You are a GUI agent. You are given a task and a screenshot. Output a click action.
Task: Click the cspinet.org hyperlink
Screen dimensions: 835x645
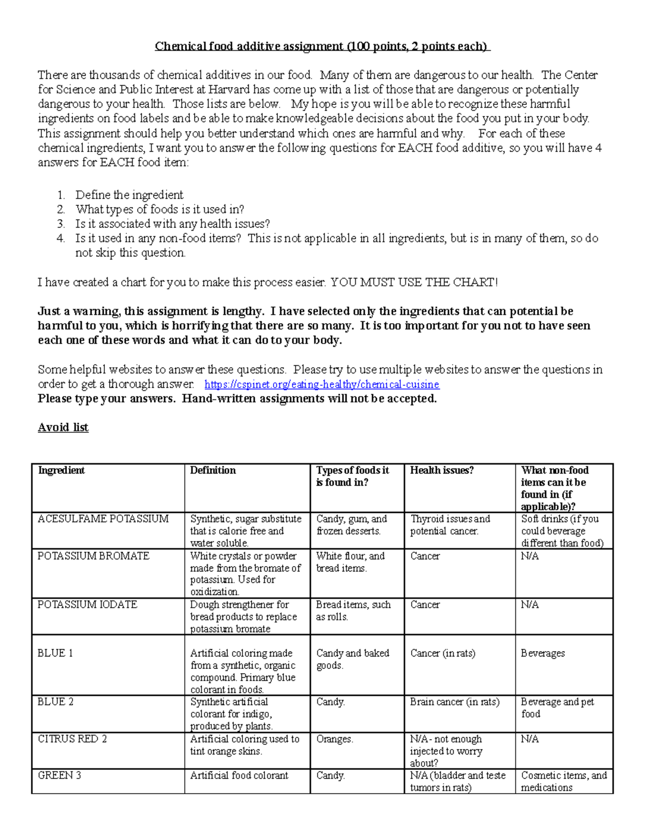[x=322, y=384]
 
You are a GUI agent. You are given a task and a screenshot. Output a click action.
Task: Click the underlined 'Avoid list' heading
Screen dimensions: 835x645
[x=63, y=427]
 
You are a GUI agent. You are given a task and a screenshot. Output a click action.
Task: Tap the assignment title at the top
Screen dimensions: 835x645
[x=322, y=46]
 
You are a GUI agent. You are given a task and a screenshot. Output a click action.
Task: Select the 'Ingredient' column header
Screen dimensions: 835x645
[x=61, y=470]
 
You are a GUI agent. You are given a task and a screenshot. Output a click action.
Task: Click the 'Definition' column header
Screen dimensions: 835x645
[x=213, y=470]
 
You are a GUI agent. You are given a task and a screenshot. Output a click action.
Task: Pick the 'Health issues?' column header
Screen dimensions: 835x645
[x=442, y=470]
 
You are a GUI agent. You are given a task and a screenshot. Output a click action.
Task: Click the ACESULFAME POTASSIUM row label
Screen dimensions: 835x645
[x=103, y=519]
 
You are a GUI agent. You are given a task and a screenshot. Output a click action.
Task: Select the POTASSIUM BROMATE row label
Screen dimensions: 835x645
[x=94, y=556]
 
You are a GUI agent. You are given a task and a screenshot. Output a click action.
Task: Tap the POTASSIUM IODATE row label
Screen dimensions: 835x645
[x=88, y=604]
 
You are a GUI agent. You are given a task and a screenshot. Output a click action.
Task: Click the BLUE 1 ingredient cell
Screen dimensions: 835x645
[x=55, y=653]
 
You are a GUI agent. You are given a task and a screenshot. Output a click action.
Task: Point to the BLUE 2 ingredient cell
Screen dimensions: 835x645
[x=55, y=702]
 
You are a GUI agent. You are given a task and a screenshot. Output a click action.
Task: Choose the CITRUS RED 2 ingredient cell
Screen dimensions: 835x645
[x=72, y=739]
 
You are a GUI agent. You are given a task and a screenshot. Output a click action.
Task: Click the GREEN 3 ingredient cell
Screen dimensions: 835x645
[x=59, y=775]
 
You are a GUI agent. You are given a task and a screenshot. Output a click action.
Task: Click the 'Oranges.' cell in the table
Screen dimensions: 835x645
[x=335, y=739]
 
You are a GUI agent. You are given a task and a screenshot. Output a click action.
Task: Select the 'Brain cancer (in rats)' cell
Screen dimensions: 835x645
[x=455, y=702]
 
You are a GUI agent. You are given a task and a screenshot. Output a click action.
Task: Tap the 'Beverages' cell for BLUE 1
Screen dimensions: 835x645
[x=543, y=653]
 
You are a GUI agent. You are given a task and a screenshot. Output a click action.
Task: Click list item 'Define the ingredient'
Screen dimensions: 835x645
[x=129, y=195]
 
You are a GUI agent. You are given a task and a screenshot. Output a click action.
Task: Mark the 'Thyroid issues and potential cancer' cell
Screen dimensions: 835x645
[x=450, y=525]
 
